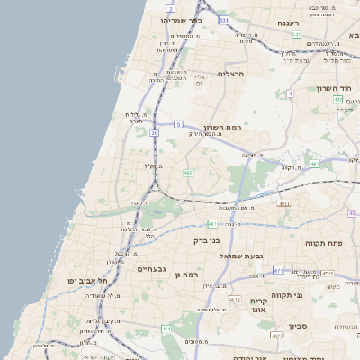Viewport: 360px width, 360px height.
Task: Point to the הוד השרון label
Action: pyautogui.click(x=331, y=88)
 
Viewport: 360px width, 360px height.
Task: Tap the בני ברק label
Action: pyautogui.click(x=207, y=240)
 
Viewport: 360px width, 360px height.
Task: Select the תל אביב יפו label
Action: pyautogui.click(x=86, y=281)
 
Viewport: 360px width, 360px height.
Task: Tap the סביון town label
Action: pyautogui.click(x=274, y=327)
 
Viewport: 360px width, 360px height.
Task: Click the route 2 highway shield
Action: pyautogui.click(x=171, y=8)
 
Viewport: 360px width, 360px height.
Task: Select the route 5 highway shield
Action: pyautogui.click(x=178, y=123)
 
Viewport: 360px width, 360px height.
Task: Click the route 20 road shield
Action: pyautogui.click(x=155, y=133)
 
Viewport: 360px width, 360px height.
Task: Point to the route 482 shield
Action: pyautogui.click(x=187, y=172)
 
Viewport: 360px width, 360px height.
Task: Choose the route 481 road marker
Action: pyautogui.click(x=212, y=223)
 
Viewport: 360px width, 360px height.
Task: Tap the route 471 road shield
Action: pyautogui.click(x=278, y=270)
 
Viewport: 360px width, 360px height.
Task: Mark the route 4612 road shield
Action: pyautogui.click(x=235, y=299)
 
